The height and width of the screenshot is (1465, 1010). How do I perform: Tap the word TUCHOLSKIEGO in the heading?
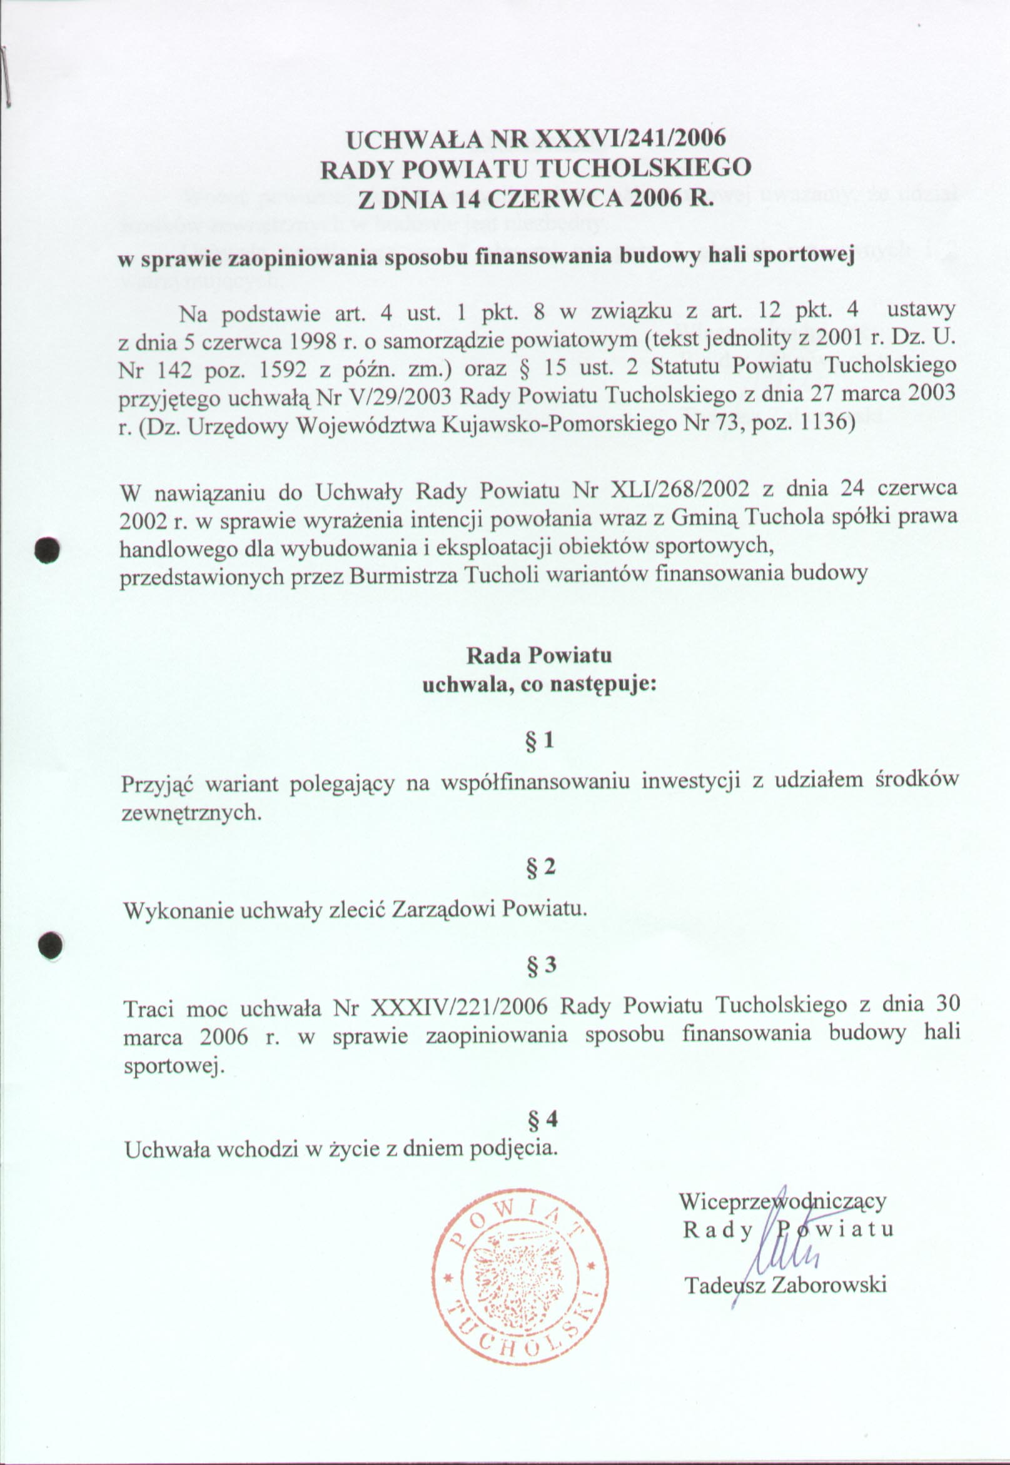point(644,168)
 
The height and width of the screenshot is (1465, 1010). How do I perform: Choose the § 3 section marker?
point(541,965)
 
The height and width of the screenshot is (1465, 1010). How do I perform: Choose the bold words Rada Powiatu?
point(539,655)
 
